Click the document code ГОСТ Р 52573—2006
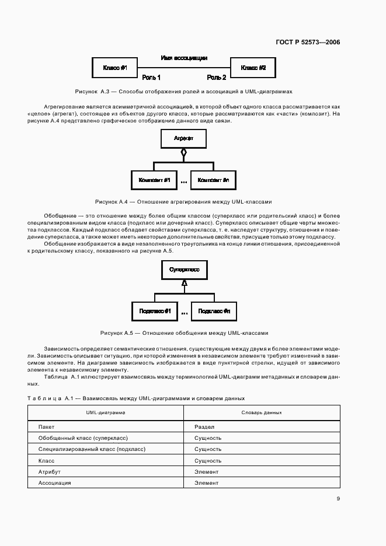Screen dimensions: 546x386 click(x=307, y=42)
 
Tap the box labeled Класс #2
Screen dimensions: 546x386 click(x=253, y=68)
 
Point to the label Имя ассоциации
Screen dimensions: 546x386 click(x=184, y=58)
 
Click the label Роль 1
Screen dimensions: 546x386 click(x=151, y=78)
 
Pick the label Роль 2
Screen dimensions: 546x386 click(x=217, y=78)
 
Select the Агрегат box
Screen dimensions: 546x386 click(x=183, y=138)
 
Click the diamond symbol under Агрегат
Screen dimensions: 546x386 click(x=183, y=153)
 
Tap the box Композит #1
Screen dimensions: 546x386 click(x=154, y=180)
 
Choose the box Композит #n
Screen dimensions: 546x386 click(x=213, y=180)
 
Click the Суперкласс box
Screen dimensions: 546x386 click(x=183, y=270)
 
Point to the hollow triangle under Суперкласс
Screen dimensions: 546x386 click(x=183, y=283)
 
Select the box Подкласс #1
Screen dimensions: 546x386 click(x=154, y=311)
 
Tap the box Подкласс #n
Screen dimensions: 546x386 click(x=213, y=311)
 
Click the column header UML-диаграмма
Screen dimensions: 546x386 click(x=106, y=412)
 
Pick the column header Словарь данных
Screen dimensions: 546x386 click(x=262, y=412)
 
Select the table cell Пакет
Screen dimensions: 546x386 click(x=46, y=427)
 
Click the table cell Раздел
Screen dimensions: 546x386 click(x=204, y=427)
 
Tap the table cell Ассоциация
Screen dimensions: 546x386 click(x=54, y=483)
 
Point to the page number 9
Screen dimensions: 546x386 click(x=338, y=499)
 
